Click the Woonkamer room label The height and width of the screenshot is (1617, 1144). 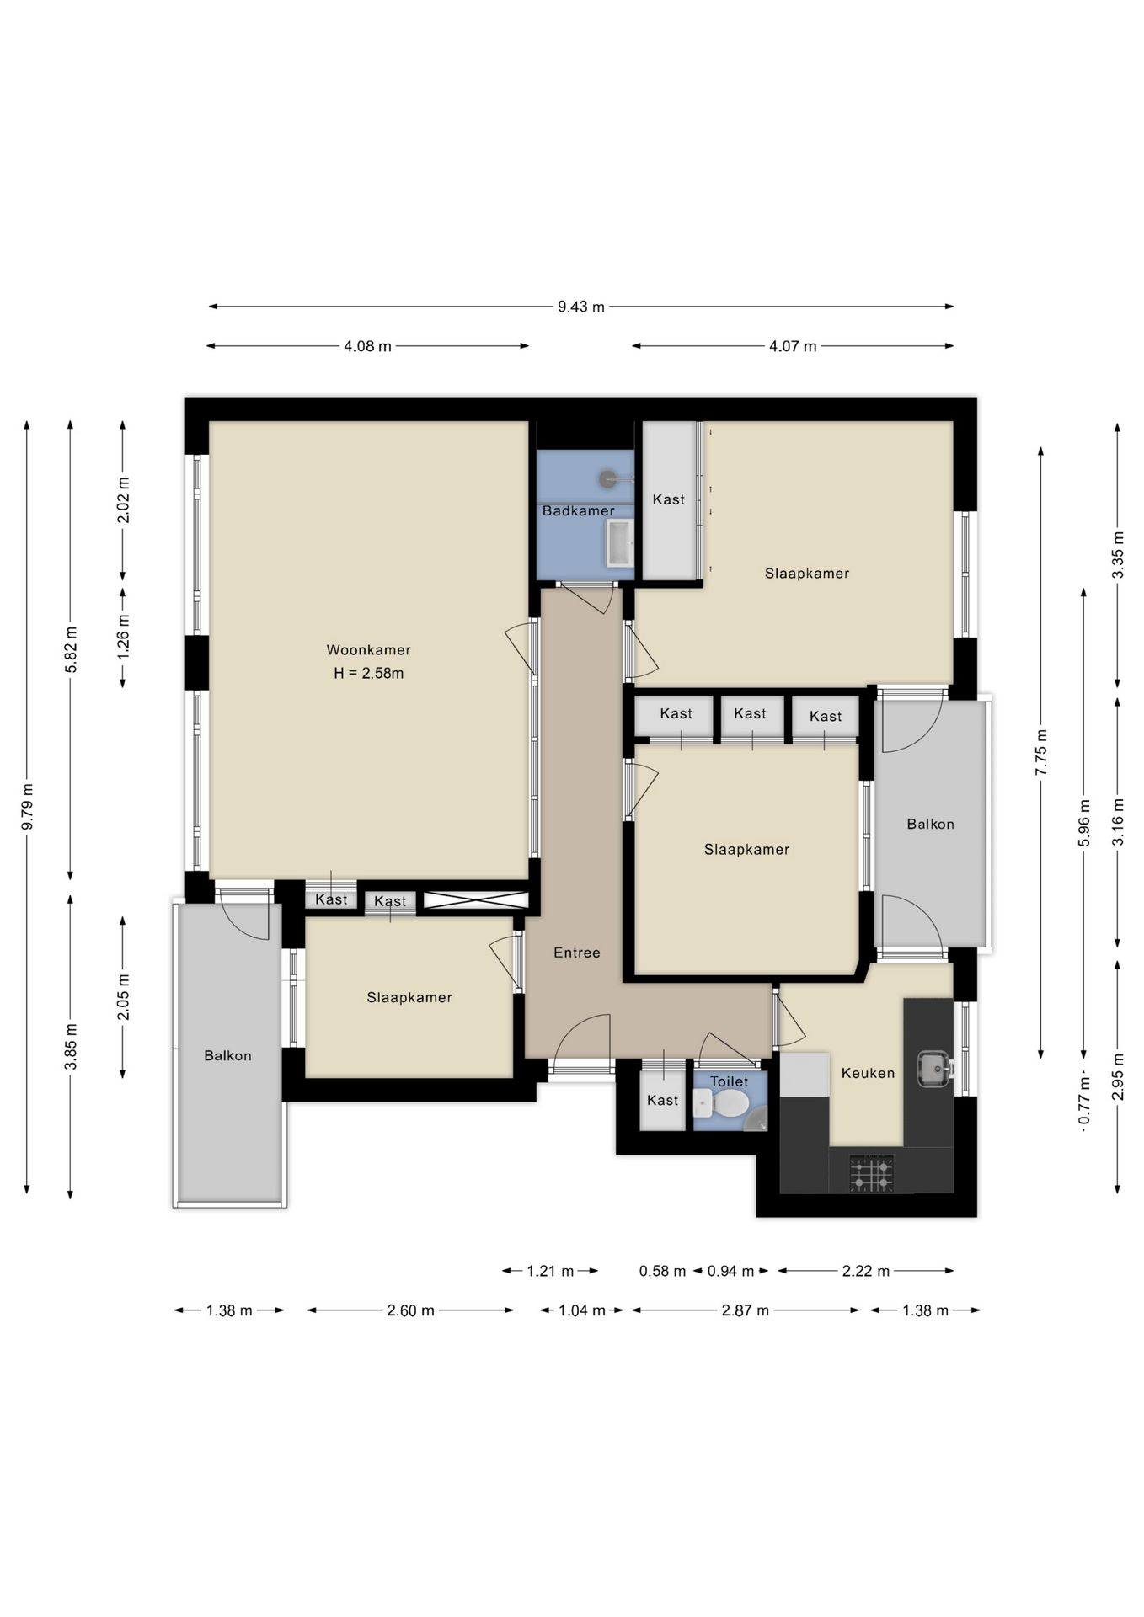(368, 649)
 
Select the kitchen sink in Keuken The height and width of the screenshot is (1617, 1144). (933, 1068)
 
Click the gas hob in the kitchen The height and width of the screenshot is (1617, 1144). (871, 1173)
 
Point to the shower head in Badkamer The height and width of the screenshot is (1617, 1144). (608, 479)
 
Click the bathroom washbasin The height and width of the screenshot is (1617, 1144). (619, 542)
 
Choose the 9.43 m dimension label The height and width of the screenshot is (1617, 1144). (580, 307)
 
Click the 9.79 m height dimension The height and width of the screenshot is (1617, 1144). (27, 806)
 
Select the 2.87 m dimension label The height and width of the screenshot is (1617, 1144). (745, 1310)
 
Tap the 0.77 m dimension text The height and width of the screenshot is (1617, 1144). (1084, 1100)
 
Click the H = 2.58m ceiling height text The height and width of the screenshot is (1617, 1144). (368, 673)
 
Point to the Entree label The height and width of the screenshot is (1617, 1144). (577, 953)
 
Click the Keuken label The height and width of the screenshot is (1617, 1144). (868, 1072)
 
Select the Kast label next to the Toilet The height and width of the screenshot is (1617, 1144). (662, 1100)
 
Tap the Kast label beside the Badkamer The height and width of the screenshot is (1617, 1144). (669, 499)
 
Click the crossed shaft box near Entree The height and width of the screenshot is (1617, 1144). (476, 899)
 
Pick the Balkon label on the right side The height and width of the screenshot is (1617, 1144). (930, 824)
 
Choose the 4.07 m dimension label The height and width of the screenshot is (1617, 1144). (792, 346)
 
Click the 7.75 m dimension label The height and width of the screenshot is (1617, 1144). (1041, 752)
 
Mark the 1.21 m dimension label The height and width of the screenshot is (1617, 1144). (550, 1271)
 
